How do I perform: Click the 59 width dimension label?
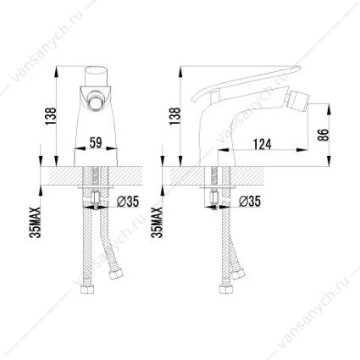pos(96,142)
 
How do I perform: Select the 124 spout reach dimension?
pos(262,144)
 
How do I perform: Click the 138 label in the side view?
pos(175,116)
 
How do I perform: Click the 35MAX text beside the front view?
pos(36,222)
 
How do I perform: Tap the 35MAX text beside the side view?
pos(157,222)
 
